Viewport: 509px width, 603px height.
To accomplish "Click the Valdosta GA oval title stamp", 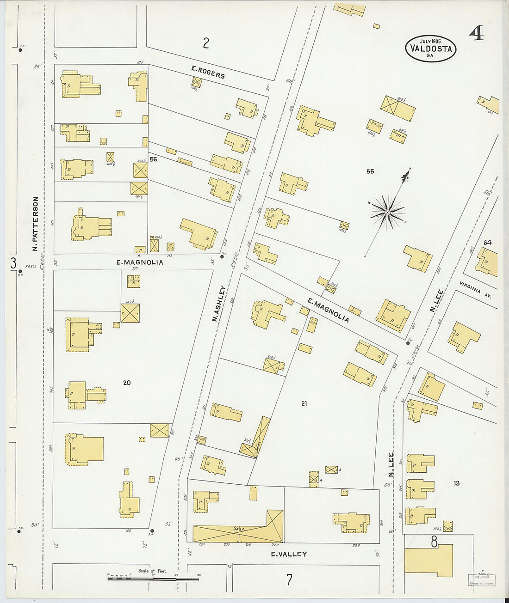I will pyautogui.click(x=431, y=49).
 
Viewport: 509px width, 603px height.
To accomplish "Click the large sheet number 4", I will pyautogui.click(x=476, y=33).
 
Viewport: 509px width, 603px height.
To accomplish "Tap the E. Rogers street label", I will pyautogui.click(x=208, y=72).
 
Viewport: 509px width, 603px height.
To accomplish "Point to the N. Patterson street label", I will pyautogui.click(x=35, y=224).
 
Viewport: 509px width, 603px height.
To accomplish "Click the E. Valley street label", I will pyautogui.click(x=289, y=554).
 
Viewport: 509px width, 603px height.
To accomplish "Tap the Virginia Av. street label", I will pyautogui.click(x=475, y=290).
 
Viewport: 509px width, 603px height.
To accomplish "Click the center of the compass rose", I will pyautogui.click(x=387, y=212).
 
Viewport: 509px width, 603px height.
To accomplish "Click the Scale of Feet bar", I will pyautogui.click(x=153, y=578).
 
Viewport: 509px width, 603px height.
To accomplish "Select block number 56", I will pyautogui.click(x=153, y=159).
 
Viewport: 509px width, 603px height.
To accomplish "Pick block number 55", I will pyautogui.click(x=370, y=171).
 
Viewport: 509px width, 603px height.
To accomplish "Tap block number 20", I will pyautogui.click(x=127, y=383).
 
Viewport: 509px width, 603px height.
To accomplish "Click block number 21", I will pyautogui.click(x=304, y=403).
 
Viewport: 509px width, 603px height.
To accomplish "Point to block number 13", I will pyautogui.click(x=456, y=483).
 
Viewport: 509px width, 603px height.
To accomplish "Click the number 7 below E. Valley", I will pyautogui.click(x=289, y=579).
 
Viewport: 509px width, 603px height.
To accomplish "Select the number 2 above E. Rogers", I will pyautogui.click(x=206, y=43).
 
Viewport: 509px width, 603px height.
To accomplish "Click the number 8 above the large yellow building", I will pyautogui.click(x=434, y=542).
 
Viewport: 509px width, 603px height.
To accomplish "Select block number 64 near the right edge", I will pyautogui.click(x=487, y=243).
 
